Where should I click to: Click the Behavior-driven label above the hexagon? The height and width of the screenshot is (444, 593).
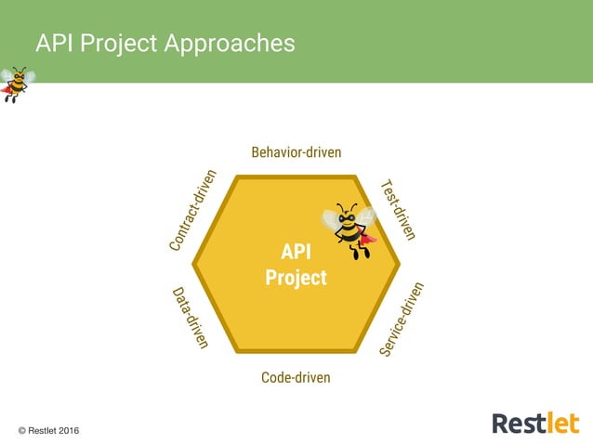coord(296,151)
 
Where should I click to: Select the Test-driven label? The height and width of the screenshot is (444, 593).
coord(397,210)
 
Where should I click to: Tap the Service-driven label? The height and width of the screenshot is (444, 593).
coord(402,319)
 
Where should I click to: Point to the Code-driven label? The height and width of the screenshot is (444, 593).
coord(296,377)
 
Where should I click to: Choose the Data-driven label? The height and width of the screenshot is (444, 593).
coord(191,318)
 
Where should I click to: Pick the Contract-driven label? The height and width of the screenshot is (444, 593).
coord(193,210)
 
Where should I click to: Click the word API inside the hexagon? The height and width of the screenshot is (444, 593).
coord(296,253)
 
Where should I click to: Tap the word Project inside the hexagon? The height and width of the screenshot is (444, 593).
coord(296,277)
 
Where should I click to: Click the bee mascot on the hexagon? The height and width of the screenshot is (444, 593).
coord(349,229)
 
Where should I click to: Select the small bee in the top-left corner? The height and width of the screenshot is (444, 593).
coord(16,84)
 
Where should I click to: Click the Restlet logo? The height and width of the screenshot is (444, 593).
coord(534,423)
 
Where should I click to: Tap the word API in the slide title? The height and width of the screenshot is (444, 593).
coord(54,43)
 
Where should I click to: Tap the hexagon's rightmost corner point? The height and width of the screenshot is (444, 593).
coord(400,265)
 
